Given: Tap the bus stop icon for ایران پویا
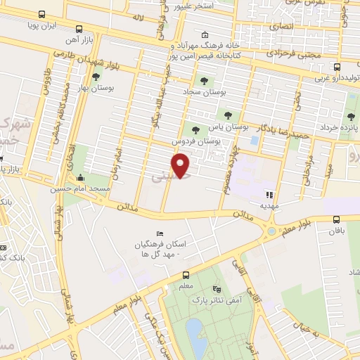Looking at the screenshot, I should pyautogui.click(x=41, y=14).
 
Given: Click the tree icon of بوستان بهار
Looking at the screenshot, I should pyautogui.click(x=96, y=76).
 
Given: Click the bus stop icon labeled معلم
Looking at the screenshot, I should pyautogui.click(x=186, y=275).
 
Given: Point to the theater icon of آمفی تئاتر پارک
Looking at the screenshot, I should pyautogui.click(x=216, y=289).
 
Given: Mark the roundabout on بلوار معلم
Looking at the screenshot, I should pyautogui.click(x=271, y=230).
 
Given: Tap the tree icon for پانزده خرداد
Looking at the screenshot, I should pyautogui.click(x=351, y=117).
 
